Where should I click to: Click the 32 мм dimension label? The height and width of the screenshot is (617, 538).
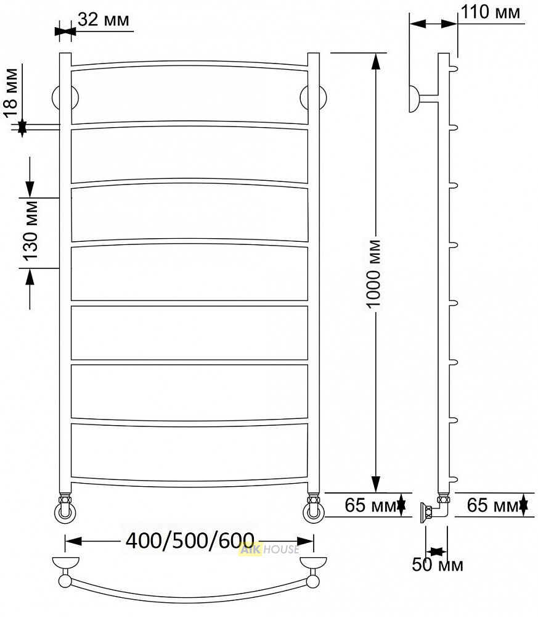[104, 19]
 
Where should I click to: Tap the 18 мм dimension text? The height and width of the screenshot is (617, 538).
[11, 93]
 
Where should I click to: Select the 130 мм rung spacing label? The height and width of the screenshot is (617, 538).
[31, 231]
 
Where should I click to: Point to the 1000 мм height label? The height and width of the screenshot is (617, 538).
[373, 274]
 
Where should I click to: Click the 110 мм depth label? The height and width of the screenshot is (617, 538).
[491, 12]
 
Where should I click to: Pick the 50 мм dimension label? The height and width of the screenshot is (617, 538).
[438, 565]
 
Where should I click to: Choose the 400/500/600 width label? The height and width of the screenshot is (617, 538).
[190, 540]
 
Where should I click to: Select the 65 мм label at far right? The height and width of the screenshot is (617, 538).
[492, 505]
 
